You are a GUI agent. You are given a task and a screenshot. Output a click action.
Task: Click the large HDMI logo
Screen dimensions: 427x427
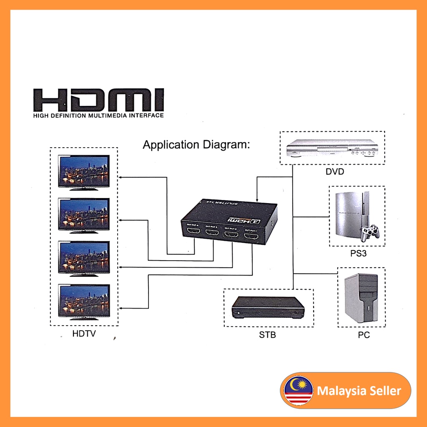pyautogui.click(x=98, y=100)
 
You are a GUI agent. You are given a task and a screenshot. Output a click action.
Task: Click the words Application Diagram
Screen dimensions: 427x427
pyautogui.click(x=196, y=145)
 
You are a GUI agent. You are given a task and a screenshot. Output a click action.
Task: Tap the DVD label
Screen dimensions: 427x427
pyautogui.click(x=335, y=171)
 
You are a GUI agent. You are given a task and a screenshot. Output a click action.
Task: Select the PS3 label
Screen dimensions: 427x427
pyautogui.click(x=358, y=253)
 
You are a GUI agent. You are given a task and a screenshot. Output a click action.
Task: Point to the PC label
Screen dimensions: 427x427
pyautogui.click(x=364, y=335)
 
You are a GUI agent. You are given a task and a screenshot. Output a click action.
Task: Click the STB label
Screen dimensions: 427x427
pyautogui.click(x=267, y=334)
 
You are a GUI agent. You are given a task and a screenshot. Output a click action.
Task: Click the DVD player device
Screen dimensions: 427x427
pyautogui.click(x=332, y=148)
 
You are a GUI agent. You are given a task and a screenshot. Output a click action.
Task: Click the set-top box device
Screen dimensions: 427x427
pyautogui.click(x=268, y=307)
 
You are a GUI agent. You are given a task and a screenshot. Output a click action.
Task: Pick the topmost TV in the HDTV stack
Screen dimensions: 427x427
pyautogui.click(x=84, y=172)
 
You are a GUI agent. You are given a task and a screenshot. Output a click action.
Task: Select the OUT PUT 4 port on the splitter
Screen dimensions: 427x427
pyautogui.click(x=193, y=233)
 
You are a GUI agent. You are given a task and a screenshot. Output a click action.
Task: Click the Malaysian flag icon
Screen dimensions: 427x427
pyautogui.click(x=298, y=390)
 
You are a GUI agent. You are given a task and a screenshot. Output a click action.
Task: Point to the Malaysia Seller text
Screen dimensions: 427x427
pyautogui.click(x=359, y=391)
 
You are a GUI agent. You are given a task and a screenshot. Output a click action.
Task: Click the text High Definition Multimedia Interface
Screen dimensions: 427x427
pyautogui.click(x=98, y=115)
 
